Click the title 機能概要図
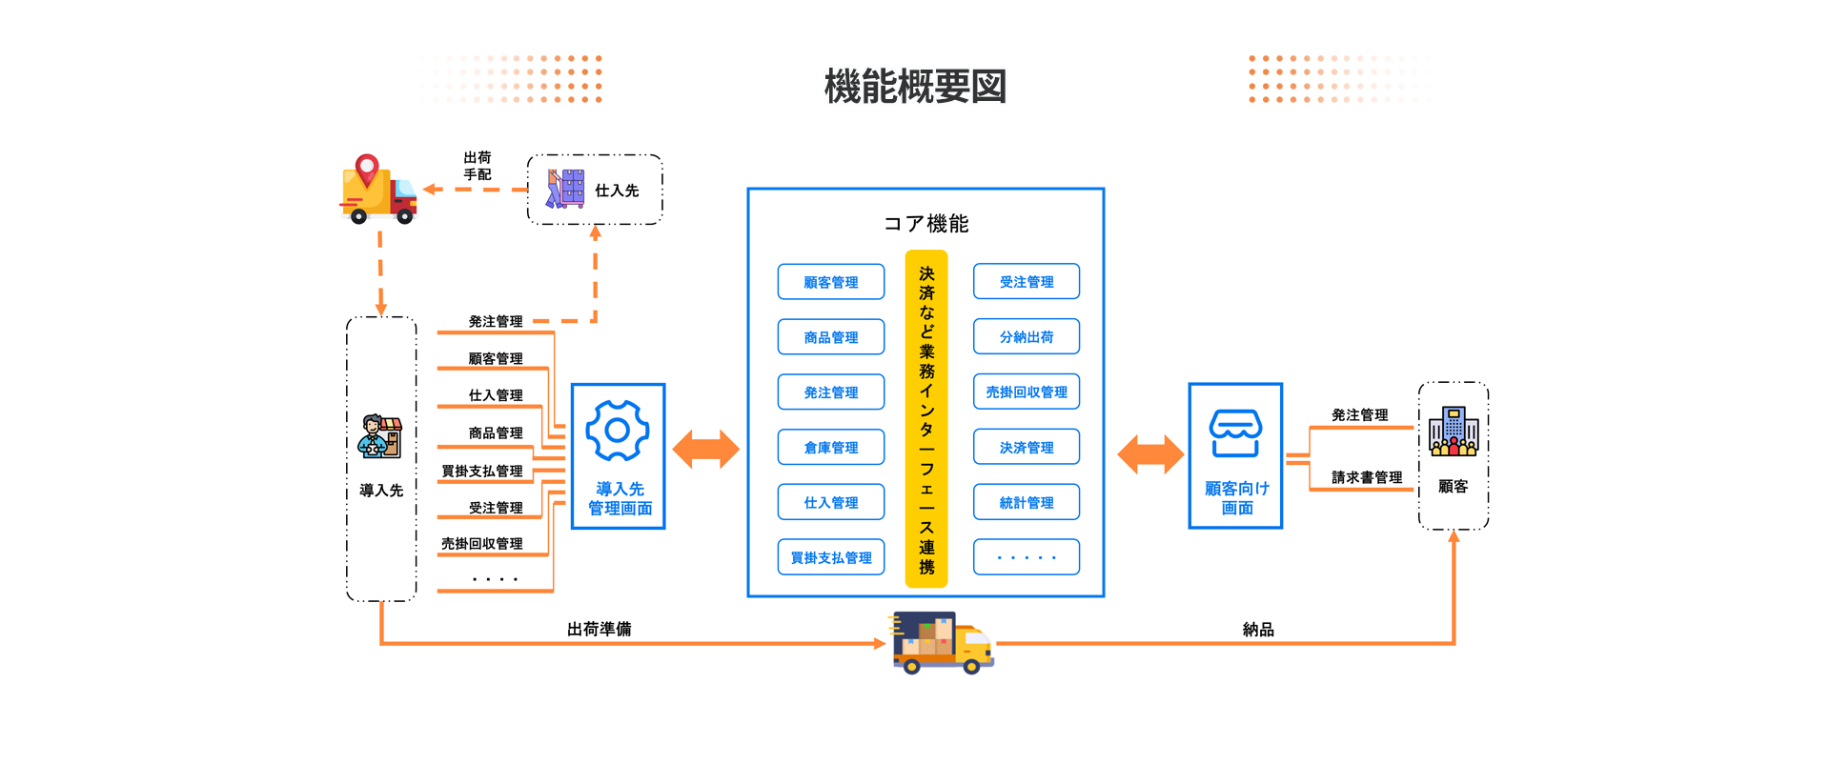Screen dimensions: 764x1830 point(915,87)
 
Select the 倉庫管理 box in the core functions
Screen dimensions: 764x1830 point(830,447)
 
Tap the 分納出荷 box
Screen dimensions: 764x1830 point(1026,336)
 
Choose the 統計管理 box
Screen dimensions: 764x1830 point(1026,502)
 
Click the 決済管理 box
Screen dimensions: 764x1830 point(1026,447)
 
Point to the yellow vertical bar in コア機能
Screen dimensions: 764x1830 point(925,419)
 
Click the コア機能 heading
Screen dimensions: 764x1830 point(925,224)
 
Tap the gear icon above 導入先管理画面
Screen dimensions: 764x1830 point(618,431)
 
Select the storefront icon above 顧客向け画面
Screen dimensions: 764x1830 point(1235,433)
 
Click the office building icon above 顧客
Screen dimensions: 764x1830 point(1454,431)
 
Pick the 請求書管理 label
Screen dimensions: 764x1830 point(1367,477)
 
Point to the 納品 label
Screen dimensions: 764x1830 point(1258,630)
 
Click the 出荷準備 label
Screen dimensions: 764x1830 point(599,629)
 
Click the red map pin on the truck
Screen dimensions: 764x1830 point(367,170)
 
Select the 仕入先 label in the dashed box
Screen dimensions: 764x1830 point(617,191)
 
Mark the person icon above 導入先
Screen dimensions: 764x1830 point(380,437)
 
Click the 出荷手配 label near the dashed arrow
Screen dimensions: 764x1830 point(478,166)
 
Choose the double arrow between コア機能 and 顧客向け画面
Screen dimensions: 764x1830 point(1150,453)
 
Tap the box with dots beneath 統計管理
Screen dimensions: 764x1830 point(1026,557)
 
